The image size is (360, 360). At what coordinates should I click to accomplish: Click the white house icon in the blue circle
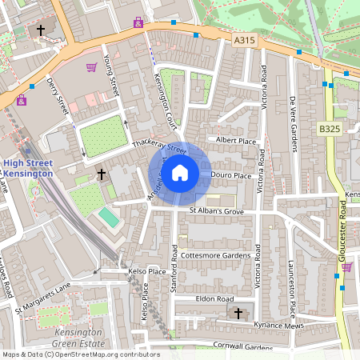point(180,172)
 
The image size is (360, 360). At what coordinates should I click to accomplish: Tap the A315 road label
point(246,38)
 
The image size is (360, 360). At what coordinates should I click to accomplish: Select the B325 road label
point(330,128)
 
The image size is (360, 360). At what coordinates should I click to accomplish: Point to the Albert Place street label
point(236,141)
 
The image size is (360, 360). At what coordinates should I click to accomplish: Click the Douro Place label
point(231,175)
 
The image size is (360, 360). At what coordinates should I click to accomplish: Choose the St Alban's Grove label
point(215,211)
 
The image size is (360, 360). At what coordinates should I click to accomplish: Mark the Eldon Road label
point(214,298)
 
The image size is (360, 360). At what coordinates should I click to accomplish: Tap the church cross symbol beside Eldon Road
point(236,312)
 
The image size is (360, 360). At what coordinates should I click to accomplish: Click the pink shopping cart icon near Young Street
point(91,68)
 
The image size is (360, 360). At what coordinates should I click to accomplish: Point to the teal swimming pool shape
point(108,217)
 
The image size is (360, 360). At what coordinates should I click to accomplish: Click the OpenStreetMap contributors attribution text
point(80,354)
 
